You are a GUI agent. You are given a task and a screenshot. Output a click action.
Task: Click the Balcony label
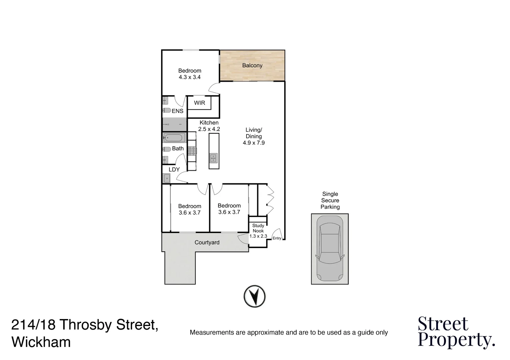(x=252, y=65)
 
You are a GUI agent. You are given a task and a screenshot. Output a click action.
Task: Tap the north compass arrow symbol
(x=254, y=296)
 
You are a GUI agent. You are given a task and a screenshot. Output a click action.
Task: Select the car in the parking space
(x=330, y=248)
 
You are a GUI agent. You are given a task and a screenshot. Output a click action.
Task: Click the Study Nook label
(x=258, y=228)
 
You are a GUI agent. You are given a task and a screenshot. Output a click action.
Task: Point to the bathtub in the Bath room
(x=173, y=138)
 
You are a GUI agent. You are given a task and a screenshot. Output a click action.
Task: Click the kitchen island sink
(x=213, y=158)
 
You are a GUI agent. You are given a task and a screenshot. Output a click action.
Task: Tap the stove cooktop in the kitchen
(x=192, y=151)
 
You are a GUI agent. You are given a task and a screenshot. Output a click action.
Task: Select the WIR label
(x=199, y=103)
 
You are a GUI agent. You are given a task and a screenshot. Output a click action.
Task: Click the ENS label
(x=177, y=111)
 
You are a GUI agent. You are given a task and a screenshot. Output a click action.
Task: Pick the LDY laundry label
(x=174, y=169)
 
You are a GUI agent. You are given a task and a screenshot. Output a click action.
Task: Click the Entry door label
(x=277, y=238)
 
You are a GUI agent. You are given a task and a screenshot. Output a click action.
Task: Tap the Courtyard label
(x=207, y=242)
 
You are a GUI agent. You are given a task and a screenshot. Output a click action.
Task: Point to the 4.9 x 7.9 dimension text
(x=253, y=143)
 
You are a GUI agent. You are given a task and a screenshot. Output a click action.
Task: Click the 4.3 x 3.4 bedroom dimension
(x=189, y=77)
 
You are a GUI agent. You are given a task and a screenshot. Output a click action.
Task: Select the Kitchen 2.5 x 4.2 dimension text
(x=209, y=129)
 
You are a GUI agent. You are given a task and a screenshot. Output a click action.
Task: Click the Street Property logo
(x=456, y=332)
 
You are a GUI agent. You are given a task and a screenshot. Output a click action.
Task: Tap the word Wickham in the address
(x=41, y=342)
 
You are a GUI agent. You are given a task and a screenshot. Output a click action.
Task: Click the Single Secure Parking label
(x=330, y=200)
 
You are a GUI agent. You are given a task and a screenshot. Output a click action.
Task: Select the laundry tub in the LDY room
(x=166, y=178)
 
